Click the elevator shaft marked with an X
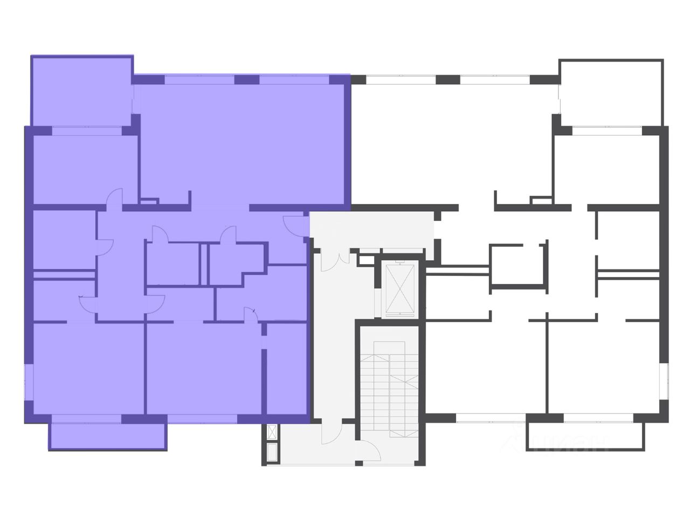point(400,290)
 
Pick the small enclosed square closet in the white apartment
point(516,265)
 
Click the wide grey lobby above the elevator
point(372,229)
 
